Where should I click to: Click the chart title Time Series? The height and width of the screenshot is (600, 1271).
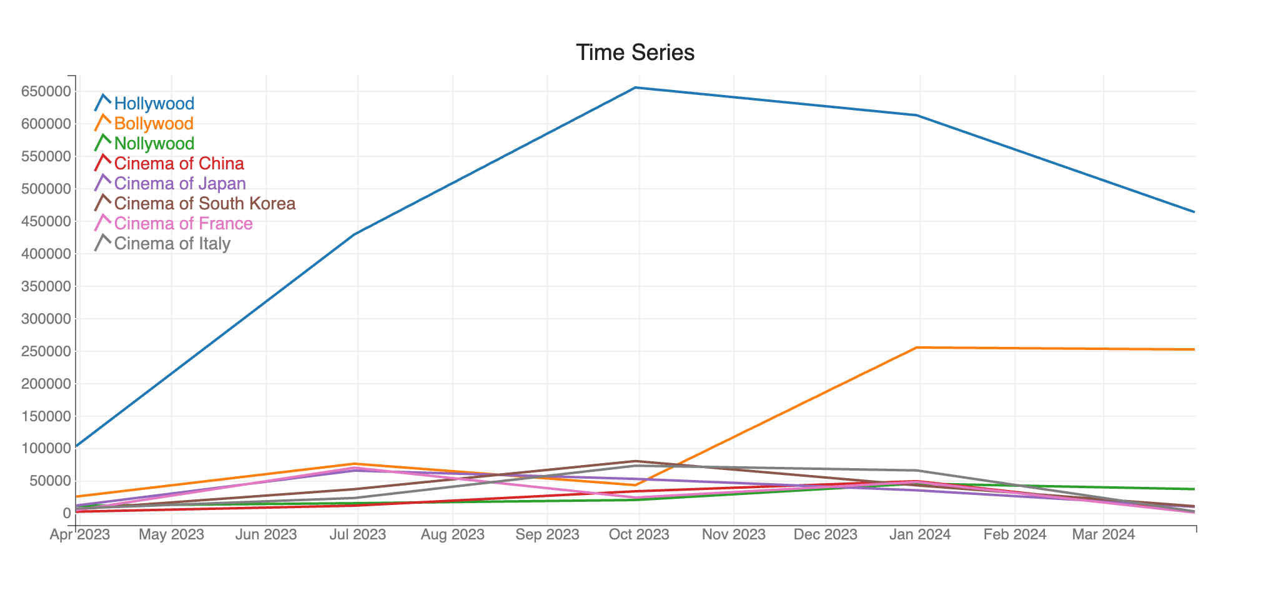(635, 52)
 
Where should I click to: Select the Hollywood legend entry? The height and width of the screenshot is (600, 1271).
(154, 104)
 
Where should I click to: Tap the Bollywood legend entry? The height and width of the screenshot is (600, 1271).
(154, 124)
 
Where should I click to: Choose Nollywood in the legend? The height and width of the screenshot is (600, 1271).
(154, 144)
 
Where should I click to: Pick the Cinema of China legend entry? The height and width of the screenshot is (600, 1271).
(179, 164)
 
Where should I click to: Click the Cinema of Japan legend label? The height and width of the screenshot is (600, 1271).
(180, 184)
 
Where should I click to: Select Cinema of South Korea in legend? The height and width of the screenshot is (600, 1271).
(205, 204)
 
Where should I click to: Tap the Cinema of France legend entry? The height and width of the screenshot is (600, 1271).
(183, 224)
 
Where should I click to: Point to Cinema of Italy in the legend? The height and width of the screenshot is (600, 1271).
(172, 244)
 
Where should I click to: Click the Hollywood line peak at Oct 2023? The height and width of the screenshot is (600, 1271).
(636, 87)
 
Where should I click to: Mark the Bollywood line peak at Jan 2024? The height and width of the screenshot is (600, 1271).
(916, 347)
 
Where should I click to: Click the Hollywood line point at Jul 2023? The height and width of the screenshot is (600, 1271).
(355, 234)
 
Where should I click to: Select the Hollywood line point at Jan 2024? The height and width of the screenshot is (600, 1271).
(916, 115)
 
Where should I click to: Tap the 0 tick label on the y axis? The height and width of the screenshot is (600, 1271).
(66, 514)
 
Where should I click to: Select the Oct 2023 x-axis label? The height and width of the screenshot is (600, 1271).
(639, 535)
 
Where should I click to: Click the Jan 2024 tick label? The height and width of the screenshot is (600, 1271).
(920, 535)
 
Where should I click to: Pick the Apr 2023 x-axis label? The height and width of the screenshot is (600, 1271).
(80, 535)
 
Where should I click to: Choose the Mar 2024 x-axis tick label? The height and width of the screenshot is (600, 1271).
(1104, 535)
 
